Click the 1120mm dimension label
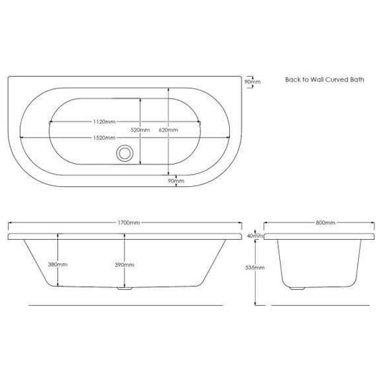pyautogui.click(x=105, y=122)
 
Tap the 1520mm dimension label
pyautogui.click(x=105, y=137)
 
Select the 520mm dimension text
pyautogui.click(x=140, y=130)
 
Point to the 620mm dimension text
pyautogui.click(x=168, y=130)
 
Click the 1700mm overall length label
pyautogui.click(x=129, y=223)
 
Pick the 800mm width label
pyautogui.click(x=326, y=223)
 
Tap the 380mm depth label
pyautogui.click(x=58, y=265)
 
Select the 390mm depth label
pyautogui.click(x=125, y=265)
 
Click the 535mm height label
pyautogui.click(x=255, y=268)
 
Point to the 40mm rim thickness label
pyautogui.click(x=256, y=236)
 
